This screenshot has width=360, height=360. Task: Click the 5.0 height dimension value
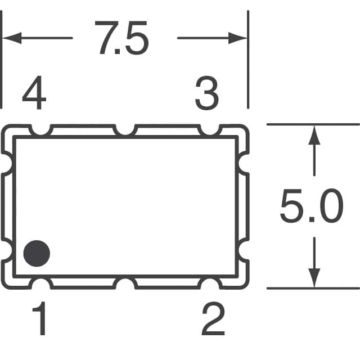(x=311, y=207)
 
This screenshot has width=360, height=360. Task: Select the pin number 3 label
(x=206, y=94)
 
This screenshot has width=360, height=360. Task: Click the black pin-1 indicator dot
(x=37, y=254)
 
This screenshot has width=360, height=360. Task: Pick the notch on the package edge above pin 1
(x=40, y=282)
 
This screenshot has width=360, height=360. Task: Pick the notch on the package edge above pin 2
(x=210, y=282)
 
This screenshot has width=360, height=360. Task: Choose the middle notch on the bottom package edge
(x=125, y=282)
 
